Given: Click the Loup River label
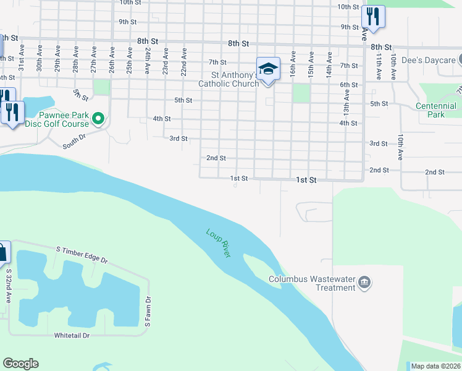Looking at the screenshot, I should coord(218,244).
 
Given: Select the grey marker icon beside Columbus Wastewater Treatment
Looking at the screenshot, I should coord(365,283).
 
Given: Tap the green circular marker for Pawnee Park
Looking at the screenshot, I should coord(98,117).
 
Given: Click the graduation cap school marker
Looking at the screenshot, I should coord(268,69).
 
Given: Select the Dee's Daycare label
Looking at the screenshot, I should coord(428,60).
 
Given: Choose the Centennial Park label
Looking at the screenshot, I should coord(435,110).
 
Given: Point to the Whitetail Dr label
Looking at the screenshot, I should coord(72,335).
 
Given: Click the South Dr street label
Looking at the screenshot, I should coord(77,142).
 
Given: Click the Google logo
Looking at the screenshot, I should coord(20,364).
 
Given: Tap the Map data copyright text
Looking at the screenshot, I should coord(435,366).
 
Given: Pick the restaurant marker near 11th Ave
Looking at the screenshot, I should coord(372,15).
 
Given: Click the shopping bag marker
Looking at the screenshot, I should coord(2,252).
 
